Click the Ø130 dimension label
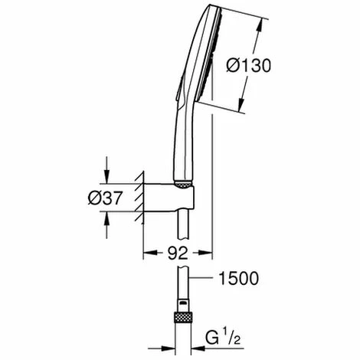[248, 65]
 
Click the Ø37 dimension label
[105, 198]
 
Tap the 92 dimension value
[178, 254]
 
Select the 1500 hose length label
[239, 278]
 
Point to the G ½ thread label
[223, 337]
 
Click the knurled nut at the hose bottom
[183, 317]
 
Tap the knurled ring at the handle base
[183, 185]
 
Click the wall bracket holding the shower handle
[169, 198]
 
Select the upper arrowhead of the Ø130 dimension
[260, 26]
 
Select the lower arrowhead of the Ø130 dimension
[241, 104]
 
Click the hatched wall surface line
[143, 198]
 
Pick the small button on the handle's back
[180, 88]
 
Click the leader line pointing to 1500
[201, 277]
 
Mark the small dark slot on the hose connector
[183, 303]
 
